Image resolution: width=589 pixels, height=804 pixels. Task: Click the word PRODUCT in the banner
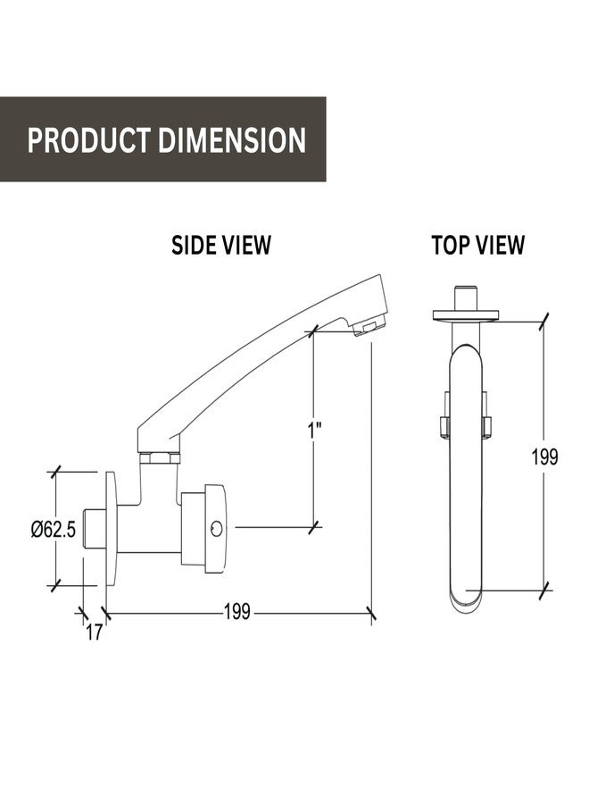coord(89,140)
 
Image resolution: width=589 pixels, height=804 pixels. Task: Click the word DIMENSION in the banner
coord(232,140)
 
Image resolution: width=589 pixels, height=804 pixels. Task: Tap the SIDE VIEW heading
coord(220,245)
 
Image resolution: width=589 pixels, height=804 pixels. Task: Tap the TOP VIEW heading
coord(477,245)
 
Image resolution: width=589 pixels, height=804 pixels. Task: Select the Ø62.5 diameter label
coord(54,529)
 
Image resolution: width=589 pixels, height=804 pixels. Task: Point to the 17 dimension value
coord(95,632)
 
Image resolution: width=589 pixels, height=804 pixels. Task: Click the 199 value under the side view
coord(237,611)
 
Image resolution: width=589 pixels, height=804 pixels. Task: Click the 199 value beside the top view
coord(544,456)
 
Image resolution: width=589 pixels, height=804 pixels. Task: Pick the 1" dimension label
coord(314,431)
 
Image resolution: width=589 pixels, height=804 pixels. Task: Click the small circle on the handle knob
coord(217,529)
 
